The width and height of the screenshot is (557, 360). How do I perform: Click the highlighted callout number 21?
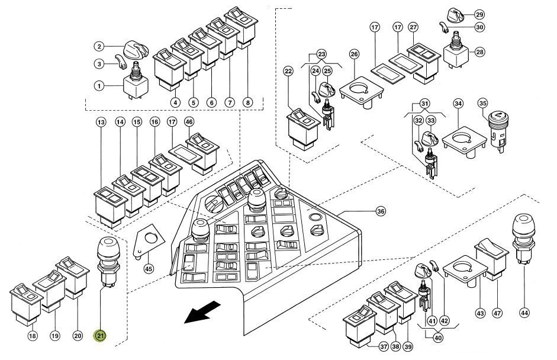(101, 336)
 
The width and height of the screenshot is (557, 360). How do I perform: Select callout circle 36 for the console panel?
(381, 211)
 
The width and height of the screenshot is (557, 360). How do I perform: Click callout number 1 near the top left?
(101, 86)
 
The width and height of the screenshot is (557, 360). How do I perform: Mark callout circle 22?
(288, 72)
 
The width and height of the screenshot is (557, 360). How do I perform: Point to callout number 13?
(101, 122)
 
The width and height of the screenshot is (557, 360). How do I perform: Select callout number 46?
(189, 122)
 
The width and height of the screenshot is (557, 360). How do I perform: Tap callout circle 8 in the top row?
(247, 102)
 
